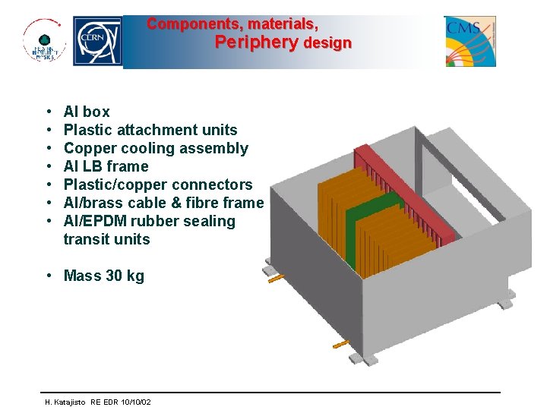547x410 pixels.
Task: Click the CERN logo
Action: [x=97, y=42]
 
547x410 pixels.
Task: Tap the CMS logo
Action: [x=470, y=41]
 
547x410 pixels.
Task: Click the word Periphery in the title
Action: [x=256, y=43]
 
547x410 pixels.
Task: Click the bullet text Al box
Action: [x=87, y=112]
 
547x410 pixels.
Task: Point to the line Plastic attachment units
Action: [x=150, y=130]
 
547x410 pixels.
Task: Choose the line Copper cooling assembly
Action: [x=156, y=148]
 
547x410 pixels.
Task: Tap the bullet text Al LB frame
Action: [x=106, y=166]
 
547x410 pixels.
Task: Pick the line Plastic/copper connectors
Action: [x=158, y=184]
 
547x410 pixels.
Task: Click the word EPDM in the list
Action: [x=106, y=221]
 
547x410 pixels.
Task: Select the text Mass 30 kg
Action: [x=103, y=276]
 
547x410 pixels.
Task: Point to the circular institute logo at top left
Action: [x=43, y=42]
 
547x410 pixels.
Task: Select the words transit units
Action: [x=106, y=239]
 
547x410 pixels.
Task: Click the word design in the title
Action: [x=327, y=43]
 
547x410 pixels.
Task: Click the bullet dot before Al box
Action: [x=49, y=112]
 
